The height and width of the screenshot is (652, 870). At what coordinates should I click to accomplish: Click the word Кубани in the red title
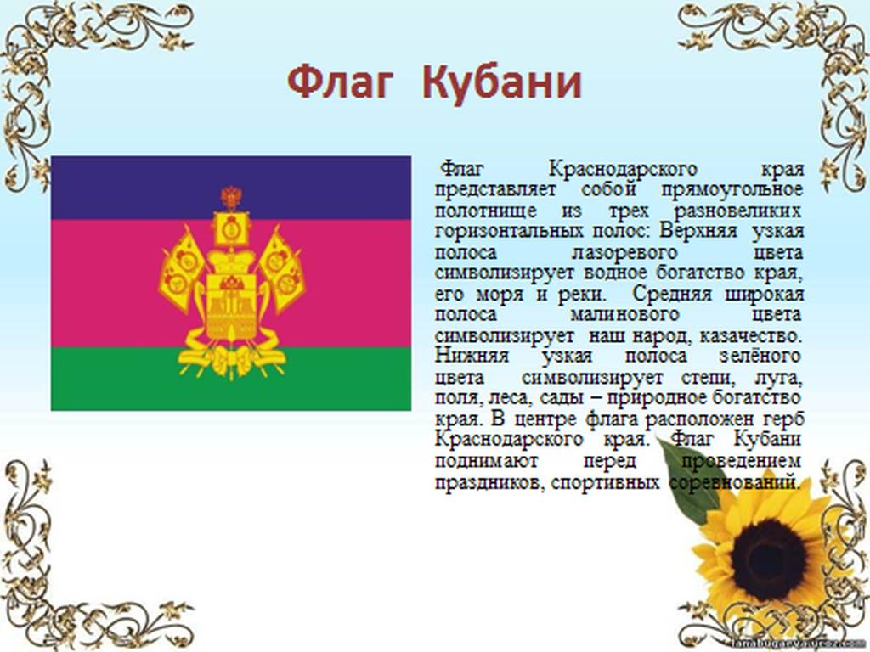pos(502,82)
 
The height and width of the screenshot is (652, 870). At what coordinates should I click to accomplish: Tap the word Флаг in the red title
pos(341,82)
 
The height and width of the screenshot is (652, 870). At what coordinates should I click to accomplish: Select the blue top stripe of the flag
pos(231,188)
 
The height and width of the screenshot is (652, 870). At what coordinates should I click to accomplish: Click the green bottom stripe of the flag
pos(231,379)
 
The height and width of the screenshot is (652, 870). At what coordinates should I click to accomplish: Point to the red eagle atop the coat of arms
pos(231,197)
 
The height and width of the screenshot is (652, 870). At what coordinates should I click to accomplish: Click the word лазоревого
pos(624,253)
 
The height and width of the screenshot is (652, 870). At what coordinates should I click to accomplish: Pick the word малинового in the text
pos(624,315)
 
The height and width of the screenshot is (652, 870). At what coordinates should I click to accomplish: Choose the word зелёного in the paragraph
pos(760,356)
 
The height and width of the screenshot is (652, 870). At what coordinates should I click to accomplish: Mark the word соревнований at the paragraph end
pos(735,482)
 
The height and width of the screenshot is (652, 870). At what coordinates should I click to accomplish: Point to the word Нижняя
pos(472,356)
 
